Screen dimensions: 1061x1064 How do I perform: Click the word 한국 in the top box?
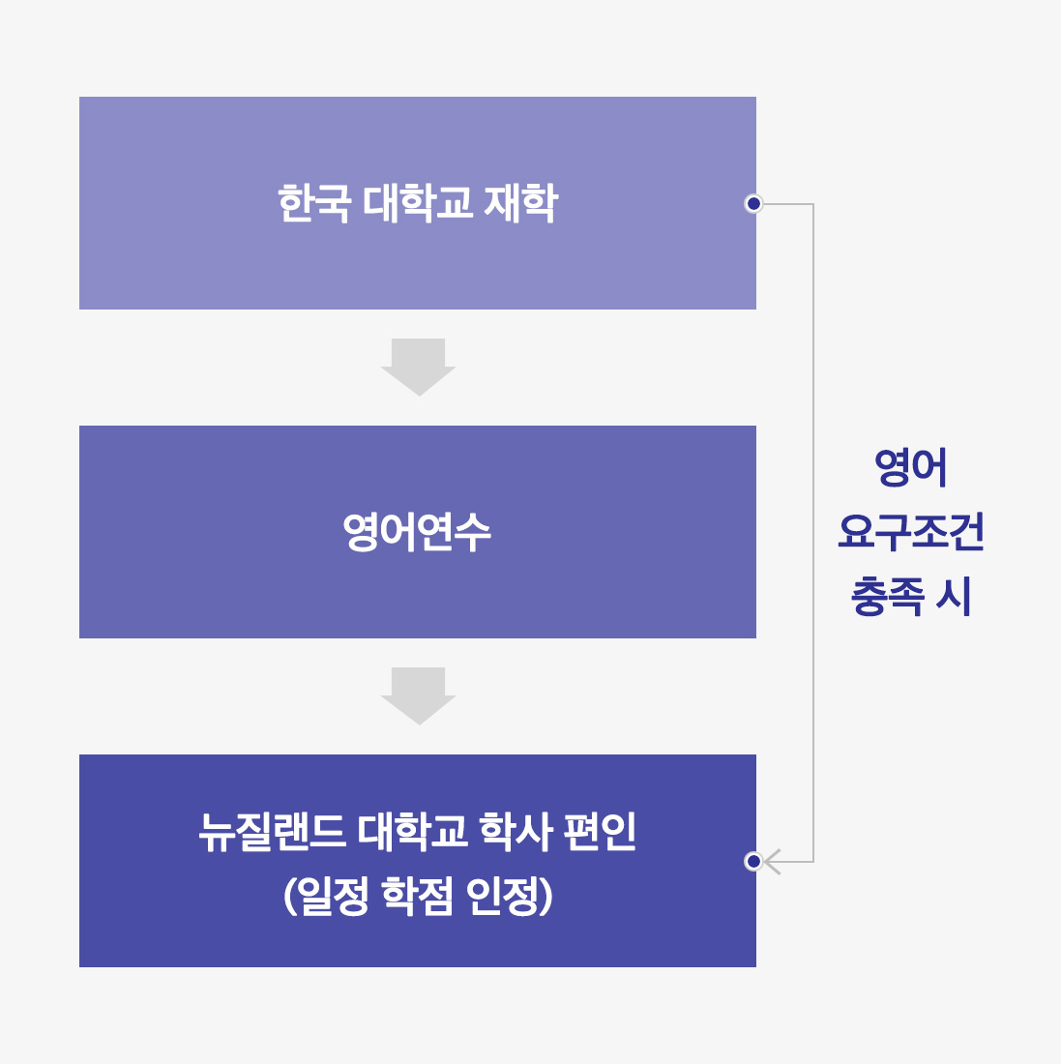tap(314, 203)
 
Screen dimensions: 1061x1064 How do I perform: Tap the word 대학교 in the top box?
tap(417, 203)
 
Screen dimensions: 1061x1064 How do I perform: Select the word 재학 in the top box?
tap(520, 203)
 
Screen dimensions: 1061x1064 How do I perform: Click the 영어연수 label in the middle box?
tap(417, 532)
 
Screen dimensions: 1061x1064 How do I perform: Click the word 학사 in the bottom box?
tap(516, 831)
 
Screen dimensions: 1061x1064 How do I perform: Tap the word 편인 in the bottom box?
tap(600, 831)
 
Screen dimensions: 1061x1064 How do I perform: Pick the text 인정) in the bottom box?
tap(510, 895)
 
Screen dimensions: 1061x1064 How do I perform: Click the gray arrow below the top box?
tap(418, 368)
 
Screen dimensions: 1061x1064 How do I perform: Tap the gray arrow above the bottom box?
tap(418, 696)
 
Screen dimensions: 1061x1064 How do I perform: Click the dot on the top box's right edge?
tap(753, 203)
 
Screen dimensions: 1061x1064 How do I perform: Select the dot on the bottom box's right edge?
tap(753, 862)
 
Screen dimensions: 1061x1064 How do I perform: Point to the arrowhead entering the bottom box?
tap(772, 862)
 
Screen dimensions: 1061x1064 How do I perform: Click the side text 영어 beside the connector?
tap(910, 467)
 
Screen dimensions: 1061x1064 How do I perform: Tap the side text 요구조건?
tap(910, 531)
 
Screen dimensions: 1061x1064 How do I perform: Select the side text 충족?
tap(887, 596)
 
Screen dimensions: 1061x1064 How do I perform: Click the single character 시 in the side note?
tap(954, 596)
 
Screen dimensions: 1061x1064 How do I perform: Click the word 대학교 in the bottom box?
tap(412, 831)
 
